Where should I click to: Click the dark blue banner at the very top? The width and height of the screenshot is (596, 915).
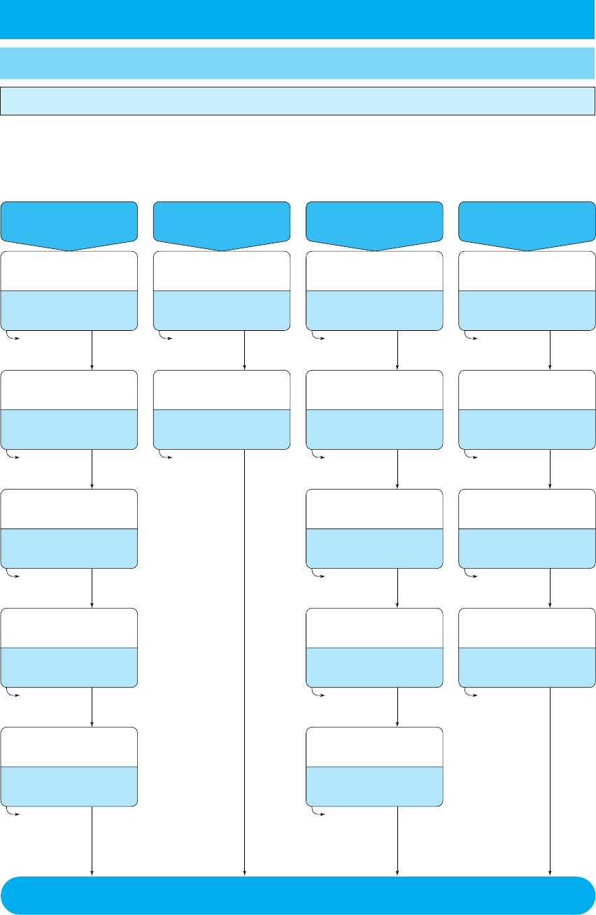click(x=298, y=19)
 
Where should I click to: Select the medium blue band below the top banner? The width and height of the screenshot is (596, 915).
click(x=298, y=63)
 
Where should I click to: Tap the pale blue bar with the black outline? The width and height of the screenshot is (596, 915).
click(x=298, y=101)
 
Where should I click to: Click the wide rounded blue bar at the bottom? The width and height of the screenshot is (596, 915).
click(x=298, y=895)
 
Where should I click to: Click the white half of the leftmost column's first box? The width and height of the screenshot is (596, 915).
click(x=69, y=271)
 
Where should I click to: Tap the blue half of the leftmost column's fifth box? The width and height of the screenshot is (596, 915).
click(x=69, y=786)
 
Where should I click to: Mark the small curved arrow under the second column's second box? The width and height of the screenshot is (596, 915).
click(x=165, y=455)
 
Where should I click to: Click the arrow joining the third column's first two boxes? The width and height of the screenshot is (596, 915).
click(x=397, y=350)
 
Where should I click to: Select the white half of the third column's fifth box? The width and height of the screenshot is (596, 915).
click(x=374, y=747)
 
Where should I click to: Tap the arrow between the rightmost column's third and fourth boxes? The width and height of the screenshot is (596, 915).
click(x=551, y=588)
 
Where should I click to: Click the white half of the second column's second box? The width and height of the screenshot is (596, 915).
click(x=221, y=390)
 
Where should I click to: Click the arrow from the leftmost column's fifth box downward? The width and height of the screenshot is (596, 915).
click(x=92, y=839)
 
